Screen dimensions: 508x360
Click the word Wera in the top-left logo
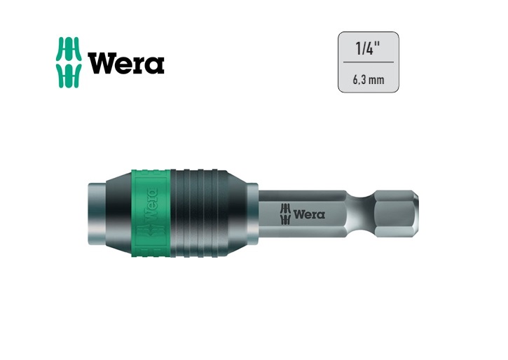pyautogui.click(x=126, y=63)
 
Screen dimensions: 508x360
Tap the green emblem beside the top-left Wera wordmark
pyautogui.click(x=69, y=62)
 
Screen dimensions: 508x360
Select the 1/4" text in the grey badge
pyautogui.click(x=368, y=48)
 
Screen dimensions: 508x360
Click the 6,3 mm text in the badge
pyautogui.click(x=369, y=80)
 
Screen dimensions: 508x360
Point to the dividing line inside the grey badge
pyautogui.click(x=369, y=62)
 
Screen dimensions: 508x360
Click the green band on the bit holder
pyautogui.click(x=151, y=213)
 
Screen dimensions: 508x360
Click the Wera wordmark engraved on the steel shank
pyautogui.click(x=309, y=214)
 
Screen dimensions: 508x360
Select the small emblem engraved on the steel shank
pyautogui.click(x=285, y=214)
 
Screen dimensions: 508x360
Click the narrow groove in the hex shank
pyautogui.click(x=360, y=213)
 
